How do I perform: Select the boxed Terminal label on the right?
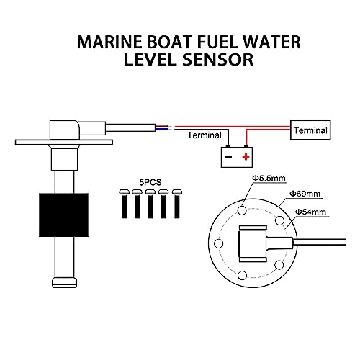pyautogui.click(x=311, y=130)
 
